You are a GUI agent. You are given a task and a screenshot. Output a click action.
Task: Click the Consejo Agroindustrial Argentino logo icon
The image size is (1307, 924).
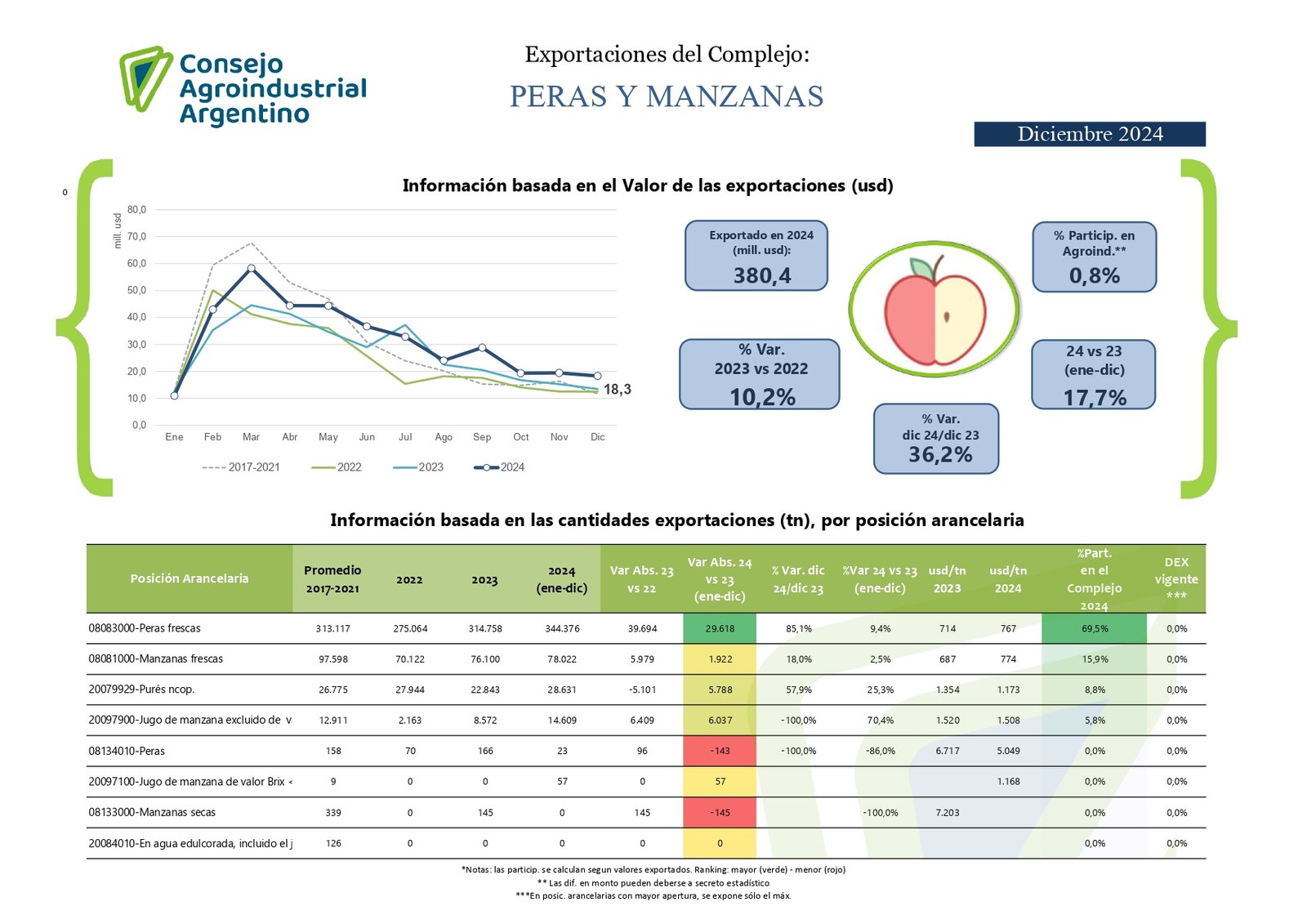tap(145, 78)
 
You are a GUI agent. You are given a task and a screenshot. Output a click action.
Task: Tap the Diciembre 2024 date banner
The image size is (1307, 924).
tap(1089, 134)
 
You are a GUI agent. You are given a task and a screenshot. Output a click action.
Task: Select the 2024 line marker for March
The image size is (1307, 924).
tap(251, 268)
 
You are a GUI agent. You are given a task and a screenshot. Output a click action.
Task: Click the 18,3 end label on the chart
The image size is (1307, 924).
tap(617, 390)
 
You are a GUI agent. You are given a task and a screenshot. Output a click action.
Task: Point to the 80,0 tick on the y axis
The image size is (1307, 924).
tap(136, 210)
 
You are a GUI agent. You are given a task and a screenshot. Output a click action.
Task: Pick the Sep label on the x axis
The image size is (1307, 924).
tap(482, 437)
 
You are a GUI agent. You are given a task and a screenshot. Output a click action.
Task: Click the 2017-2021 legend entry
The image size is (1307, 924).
tap(241, 467)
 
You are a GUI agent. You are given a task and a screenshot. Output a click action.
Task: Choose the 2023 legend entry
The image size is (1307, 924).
tap(418, 467)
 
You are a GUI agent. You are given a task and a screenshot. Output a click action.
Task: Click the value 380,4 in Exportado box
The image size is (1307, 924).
tap(761, 276)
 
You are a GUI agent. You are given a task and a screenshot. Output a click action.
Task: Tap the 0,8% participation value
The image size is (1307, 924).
tap(1094, 276)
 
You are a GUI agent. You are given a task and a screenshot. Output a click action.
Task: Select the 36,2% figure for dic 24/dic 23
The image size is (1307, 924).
tap(940, 455)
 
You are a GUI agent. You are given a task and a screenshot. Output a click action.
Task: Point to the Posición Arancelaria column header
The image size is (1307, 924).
tap(189, 578)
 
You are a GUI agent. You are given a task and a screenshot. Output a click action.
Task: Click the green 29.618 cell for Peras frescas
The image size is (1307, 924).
tap(720, 628)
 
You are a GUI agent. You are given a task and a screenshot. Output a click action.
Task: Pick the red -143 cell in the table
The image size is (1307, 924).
tap(720, 751)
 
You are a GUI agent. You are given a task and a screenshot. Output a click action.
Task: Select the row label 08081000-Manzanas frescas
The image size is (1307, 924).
tap(155, 658)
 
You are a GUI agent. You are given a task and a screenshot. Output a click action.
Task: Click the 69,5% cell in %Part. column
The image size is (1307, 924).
tap(1095, 628)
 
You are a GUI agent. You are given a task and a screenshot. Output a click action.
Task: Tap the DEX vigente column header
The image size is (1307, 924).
tap(1176, 578)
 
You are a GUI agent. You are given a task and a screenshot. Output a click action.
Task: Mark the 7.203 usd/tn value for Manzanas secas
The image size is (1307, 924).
tap(948, 813)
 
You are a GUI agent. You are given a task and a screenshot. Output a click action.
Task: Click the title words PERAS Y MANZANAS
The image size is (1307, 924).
tap(667, 96)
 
